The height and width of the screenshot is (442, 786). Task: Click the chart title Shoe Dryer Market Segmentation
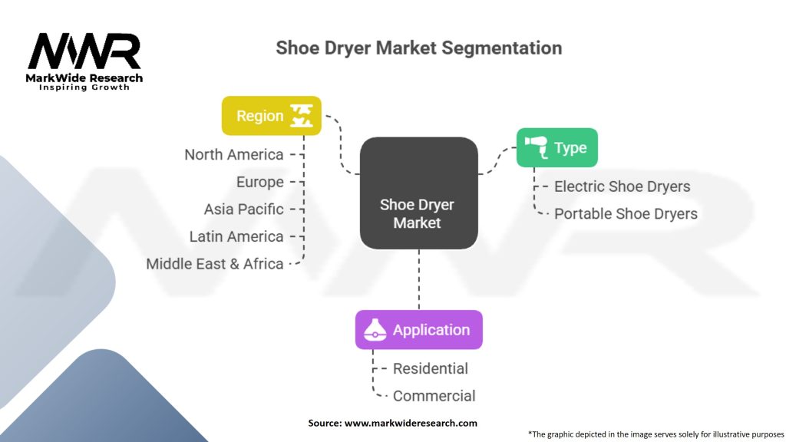pos(418,48)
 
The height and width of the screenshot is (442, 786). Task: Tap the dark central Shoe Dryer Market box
pos(418,193)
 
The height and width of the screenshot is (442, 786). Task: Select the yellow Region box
pos(271,116)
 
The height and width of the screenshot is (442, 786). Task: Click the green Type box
pos(556,148)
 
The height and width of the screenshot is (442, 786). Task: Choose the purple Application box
pos(418,330)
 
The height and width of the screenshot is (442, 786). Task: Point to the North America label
pos(234,154)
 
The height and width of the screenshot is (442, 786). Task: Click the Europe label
pos(260,182)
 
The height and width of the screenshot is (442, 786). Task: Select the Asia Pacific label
pos(243,209)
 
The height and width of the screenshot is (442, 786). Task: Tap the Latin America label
pos(236,236)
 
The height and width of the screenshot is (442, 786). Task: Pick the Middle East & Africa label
pos(215,263)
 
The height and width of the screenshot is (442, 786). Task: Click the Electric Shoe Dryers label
pos(622,186)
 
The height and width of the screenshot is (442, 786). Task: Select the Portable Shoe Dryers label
pos(626,214)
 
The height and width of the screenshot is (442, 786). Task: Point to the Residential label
pos(430,368)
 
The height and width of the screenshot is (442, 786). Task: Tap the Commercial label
pos(434,396)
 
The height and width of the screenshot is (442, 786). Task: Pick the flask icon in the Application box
pos(375,331)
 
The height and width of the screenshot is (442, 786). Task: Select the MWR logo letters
pos(84,51)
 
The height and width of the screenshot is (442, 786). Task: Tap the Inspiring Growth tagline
pos(84,87)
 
